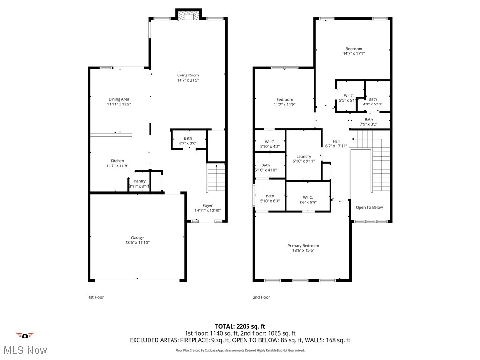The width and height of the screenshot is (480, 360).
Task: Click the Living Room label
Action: pos(187,75)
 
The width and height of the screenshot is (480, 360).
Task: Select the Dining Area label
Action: pos(119,99)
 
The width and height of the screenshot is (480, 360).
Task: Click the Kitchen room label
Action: pos(117,161)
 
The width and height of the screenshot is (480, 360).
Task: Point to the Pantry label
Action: pos(140,181)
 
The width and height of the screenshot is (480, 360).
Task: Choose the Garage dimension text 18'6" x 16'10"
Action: pos(137,243)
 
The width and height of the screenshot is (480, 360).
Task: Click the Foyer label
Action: pos(207,205)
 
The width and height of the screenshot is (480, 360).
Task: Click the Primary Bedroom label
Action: pos(303,246)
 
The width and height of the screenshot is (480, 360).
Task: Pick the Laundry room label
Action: pos(304,156)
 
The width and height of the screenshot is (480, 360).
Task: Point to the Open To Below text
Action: pos(369,207)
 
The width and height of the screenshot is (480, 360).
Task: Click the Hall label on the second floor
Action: pos(336,141)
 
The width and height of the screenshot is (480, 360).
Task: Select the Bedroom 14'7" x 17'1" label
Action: pos(354,49)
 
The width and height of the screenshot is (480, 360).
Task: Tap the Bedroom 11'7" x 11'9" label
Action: pos(285,99)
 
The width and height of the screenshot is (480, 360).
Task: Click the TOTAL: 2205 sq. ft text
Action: pos(240,326)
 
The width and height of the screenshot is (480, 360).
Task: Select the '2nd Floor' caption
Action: pos(261,297)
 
